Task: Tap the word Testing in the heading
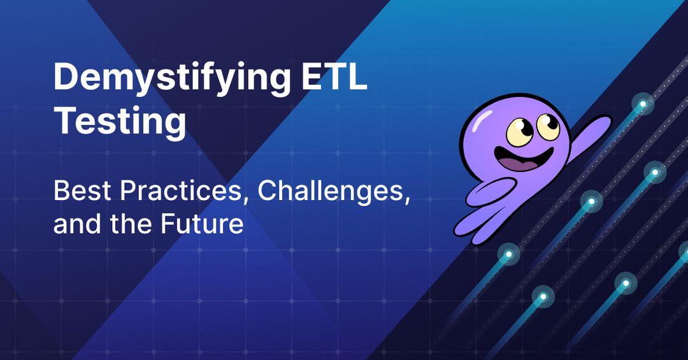click(x=120, y=122)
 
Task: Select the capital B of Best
click(x=61, y=191)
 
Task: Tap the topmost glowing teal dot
click(x=643, y=103)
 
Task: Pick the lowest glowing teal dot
click(x=543, y=296)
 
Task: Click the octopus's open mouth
click(x=521, y=159)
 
